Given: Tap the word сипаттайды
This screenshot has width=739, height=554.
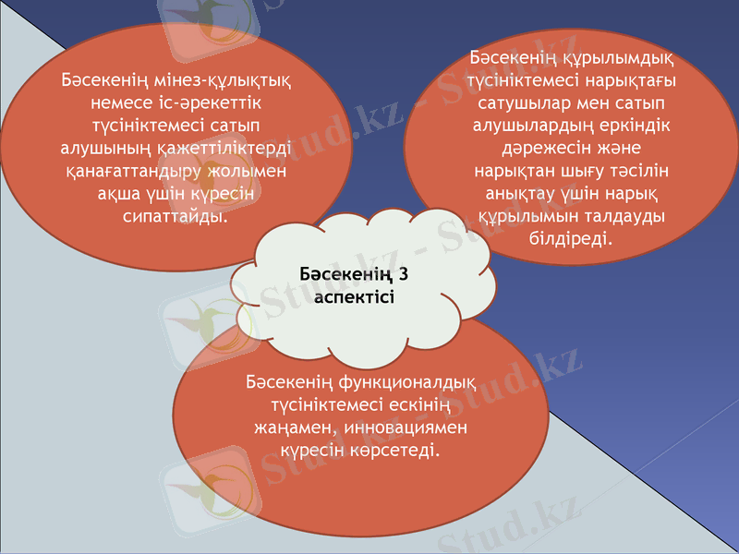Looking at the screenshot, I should [176, 217].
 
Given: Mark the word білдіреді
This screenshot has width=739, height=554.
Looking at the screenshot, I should [569, 239].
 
